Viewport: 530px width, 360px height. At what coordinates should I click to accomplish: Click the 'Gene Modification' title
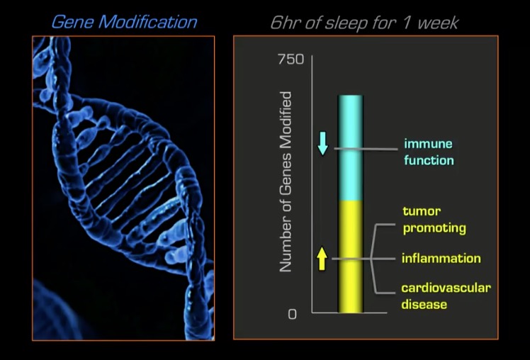(124, 22)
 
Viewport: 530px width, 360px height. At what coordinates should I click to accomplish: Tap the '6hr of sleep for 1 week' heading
(364, 23)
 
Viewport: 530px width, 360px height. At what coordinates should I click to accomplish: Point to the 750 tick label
(291, 59)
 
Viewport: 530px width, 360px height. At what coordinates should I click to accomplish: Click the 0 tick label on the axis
(293, 315)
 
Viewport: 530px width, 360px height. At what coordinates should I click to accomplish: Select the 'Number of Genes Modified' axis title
(286, 182)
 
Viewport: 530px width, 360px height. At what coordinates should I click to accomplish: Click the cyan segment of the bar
(351, 148)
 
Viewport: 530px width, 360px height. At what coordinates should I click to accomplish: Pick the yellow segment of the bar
(351, 257)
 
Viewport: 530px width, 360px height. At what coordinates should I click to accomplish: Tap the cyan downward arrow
(323, 143)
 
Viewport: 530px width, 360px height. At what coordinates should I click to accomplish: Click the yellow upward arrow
(322, 259)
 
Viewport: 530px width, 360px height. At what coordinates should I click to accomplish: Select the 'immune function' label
(429, 152)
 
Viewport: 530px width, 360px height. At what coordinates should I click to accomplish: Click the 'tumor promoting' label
(434, 220)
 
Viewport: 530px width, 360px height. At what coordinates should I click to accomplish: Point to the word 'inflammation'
(441, 259)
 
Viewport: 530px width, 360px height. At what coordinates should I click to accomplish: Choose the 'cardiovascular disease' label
(446, 296)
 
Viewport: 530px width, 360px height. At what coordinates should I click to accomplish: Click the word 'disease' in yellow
(424, 304)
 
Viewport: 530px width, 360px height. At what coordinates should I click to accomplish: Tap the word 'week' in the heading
(438, 23)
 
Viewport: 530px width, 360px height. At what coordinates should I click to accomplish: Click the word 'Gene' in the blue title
(72, 22)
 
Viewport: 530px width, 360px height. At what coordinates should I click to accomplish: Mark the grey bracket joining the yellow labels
(372, 259)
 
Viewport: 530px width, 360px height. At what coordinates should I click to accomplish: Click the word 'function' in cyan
(429, 160)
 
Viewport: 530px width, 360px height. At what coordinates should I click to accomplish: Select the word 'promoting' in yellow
(434, 228)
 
